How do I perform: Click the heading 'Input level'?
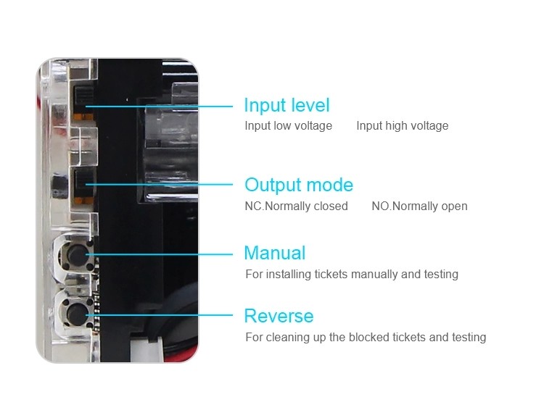287,105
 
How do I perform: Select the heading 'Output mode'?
299,185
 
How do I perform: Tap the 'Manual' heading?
275,253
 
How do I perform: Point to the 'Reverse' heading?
279,316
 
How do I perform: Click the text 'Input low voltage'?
288,125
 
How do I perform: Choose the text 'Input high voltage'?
403,125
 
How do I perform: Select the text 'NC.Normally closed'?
296,206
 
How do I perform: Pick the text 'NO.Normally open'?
419,206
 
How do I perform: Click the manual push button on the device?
77,256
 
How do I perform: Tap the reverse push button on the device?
77,313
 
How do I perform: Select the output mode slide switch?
83,186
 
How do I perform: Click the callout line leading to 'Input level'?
159,107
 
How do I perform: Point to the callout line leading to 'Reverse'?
160,315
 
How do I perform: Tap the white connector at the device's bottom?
147,348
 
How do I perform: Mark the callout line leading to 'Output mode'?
159,184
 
